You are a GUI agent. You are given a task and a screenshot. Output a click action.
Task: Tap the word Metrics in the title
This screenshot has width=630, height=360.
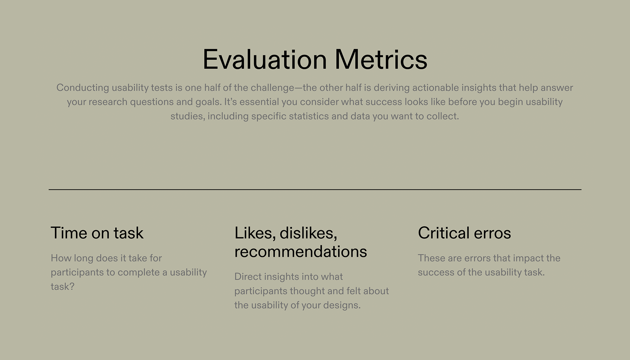[381, 60]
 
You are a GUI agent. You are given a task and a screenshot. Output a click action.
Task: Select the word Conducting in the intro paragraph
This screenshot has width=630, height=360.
[83, 88]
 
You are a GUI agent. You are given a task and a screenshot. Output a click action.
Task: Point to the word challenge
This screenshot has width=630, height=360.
[272, 88]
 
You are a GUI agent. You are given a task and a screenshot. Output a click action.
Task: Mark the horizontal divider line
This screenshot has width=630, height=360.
[315, 189]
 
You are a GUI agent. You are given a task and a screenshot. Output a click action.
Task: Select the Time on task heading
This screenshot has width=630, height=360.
[97, 233]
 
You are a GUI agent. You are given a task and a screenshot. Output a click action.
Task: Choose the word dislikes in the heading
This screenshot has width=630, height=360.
[308, 233]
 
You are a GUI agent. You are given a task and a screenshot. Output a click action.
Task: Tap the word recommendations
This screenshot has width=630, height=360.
[300, 251]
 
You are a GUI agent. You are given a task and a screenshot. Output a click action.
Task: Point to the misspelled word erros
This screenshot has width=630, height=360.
[492, 233]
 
